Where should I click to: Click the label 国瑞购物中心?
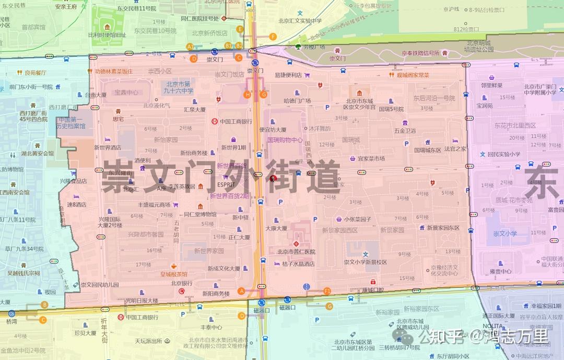[x=285, y=140]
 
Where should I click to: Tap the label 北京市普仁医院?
[x=296, y=252]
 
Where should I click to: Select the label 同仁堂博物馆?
[x=200, y=214]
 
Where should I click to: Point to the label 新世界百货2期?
[x=229, y=196]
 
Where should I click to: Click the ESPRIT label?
[x=226, y=184]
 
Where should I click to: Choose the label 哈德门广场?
[x=297, y=100]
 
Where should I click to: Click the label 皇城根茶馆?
[x=174, y=274]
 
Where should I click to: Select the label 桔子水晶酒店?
[x=298, y=264]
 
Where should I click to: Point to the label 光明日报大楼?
[x=142, y=300]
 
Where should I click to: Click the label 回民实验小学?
[x=504, y=154]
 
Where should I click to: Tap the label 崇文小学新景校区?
[x=366, y=262]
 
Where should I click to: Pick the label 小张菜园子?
[x=358, y=219]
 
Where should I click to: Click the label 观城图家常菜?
[x=413, y=75]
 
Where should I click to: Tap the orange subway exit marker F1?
[x=327, y=291]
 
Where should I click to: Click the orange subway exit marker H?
[x=248, y=95]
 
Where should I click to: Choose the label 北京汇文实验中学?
[x=300, y=21]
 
